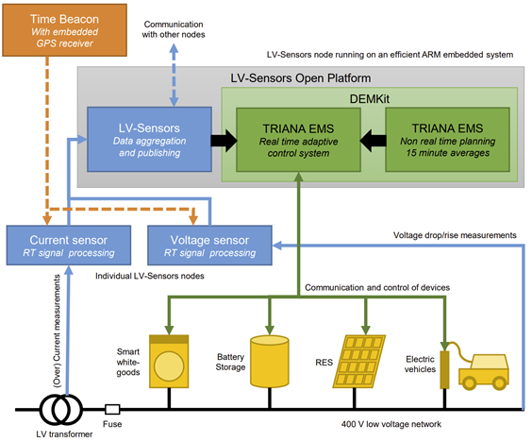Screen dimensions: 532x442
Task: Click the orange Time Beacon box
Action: (64, 30)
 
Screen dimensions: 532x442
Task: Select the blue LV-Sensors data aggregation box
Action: (149, 139)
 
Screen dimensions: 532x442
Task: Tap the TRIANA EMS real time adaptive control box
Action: (298, 140)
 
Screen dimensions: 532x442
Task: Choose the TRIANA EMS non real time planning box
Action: (447, 140)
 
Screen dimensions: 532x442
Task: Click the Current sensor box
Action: (69, 246)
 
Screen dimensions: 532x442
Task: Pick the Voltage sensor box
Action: (209, 246)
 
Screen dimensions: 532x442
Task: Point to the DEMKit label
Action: (370, 99)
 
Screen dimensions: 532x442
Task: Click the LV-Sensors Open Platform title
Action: (301, 78)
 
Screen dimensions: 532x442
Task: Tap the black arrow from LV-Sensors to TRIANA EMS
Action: (224, 141)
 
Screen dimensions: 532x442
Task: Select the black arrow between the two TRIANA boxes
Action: (373, 141)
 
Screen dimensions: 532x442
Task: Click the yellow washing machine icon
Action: (169, 362)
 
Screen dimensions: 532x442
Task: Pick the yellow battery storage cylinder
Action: (270, 362)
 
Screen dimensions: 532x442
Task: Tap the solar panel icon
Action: (359, 362)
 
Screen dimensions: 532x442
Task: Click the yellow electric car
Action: (484, 372)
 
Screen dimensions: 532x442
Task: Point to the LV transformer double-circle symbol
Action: (61, 409)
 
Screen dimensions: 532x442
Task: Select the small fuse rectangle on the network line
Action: (112, 409)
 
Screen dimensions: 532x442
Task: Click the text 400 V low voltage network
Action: (391, 424)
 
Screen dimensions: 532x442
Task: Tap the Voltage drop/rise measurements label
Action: (455, 235)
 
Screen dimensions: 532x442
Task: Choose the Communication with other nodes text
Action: (174, 29)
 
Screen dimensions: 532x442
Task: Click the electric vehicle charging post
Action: (444, 369)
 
